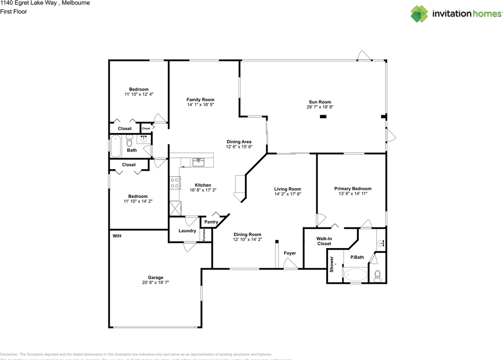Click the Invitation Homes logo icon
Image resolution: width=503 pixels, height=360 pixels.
[419, 14]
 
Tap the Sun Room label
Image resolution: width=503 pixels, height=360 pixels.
[319, 102]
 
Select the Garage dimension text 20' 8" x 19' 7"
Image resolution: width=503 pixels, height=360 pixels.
[155, 282]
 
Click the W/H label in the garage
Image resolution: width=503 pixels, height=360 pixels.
[117, 236]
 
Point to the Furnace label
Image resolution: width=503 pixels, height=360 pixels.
[204, 235]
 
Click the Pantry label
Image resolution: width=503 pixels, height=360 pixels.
[211, 222]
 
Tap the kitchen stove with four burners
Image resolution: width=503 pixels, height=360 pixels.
[174, 183]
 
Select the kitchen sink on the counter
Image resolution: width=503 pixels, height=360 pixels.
[198, 161]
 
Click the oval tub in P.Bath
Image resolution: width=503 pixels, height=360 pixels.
[356, 274]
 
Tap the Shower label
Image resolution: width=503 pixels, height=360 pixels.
[332, 264]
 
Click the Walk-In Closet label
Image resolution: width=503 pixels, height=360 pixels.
[324, 241]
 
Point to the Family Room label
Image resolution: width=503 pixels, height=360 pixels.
[200, 100]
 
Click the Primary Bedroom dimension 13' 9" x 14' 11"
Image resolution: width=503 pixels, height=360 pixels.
[352, 194]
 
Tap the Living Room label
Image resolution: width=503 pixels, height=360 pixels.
[287, 189]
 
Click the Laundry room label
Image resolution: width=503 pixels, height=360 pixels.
[187, 231]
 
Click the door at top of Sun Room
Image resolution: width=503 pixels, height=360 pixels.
[365, 56]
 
